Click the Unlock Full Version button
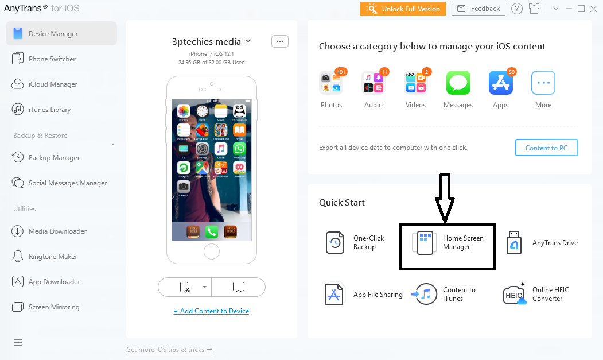[403, 9]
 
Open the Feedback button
[478, 9]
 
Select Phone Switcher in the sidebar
[52, 59]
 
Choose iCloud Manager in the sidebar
[53, 84]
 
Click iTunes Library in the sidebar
[49, 110]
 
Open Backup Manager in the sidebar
[54, 158]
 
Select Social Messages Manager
[68, 183]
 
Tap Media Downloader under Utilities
[57, 231]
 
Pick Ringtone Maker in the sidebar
[53, 257]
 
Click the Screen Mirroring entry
[54, 307]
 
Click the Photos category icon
[331, 83]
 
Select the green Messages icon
[458, 83]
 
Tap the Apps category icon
[500, 83]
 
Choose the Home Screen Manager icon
[425, 243]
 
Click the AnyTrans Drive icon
[514, 243]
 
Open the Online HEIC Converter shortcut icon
[514, 295]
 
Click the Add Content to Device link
[212, 311]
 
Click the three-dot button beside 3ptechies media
[279, 41]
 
